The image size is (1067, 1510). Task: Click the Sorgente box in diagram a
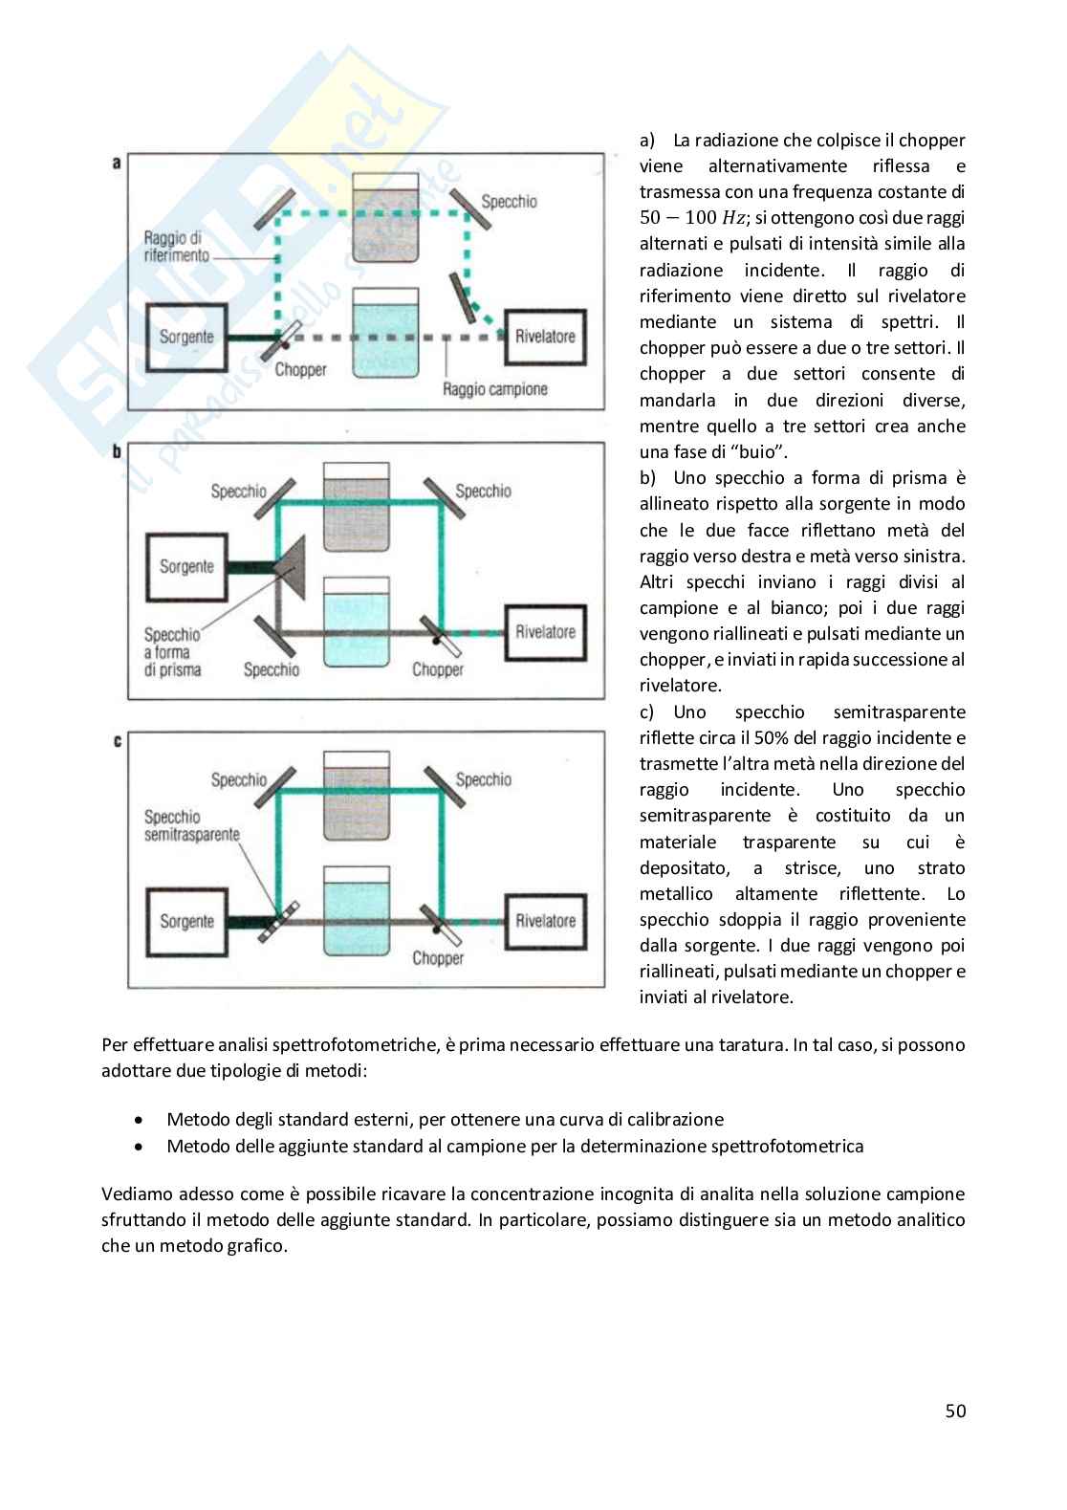pyautogui.click(x=186, y=338)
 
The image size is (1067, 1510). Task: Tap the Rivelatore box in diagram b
pyautogui.click(x=545, y=632)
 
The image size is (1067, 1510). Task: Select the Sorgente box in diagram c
pyautogui.click(x=186, y=922)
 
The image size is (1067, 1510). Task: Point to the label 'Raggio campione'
pyautogui.click(x=494, y=389)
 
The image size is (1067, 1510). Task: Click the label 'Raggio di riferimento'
pyautogui.click(x=176, y=247)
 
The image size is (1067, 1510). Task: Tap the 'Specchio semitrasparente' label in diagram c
pyautogui.click(x=191, y=825)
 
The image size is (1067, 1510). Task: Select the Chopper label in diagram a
pyautogui.click(x=300, y=370)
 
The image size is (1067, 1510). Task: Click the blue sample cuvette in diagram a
pyautogui.click(x=385, y=334)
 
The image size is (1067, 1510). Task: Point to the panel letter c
pyautogui.click(x=117, y=741)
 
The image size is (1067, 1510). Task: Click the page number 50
pyautogui.click(x=955, y=1411)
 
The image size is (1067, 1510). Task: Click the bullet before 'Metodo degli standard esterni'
pyautogui.click(x=141, y=1120)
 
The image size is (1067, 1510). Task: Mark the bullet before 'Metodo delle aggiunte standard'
pyautogui.click(x=141, y=1147)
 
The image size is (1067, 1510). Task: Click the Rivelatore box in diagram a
pyautogui.click(x=545, y=337)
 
